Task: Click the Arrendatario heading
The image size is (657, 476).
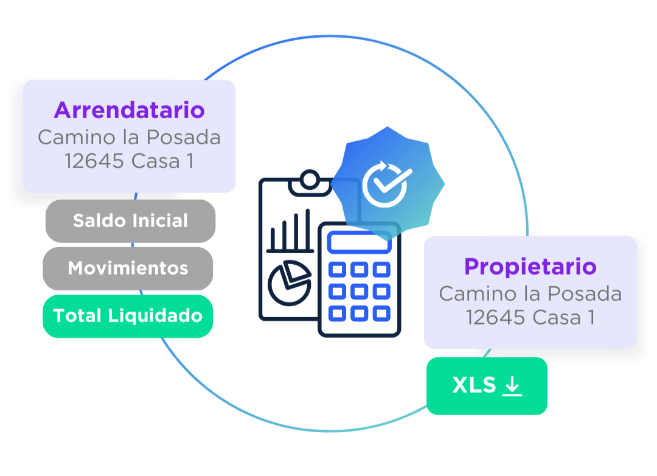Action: tap(129, 110)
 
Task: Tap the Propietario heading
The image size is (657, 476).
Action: tap(530, 267)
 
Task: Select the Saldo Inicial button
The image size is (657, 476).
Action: tap(130, 220)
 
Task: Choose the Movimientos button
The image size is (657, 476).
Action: tap(128, 268)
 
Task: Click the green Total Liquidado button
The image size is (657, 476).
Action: tap(128, 315)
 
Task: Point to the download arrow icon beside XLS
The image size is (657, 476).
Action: tap(512, 385)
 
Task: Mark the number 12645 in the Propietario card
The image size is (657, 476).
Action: tap(494, 318)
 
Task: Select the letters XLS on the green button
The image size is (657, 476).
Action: tap(474, 385)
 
